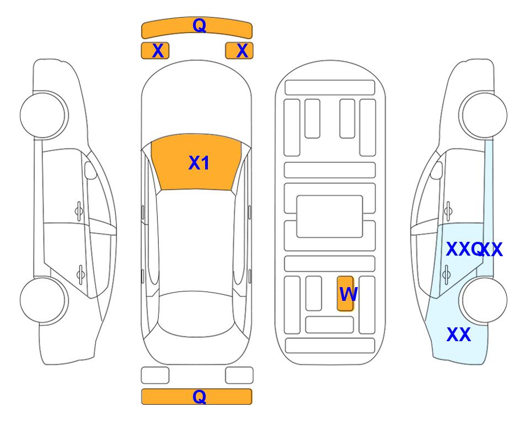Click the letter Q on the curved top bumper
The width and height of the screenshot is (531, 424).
point(199,25)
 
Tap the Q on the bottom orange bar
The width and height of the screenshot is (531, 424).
point(199,396)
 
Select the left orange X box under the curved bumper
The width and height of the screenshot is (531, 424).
point(155,51)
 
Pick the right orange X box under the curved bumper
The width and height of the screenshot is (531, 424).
point(239,51)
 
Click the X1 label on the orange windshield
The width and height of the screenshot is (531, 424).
point(199,163)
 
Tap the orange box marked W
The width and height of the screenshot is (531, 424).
point(345,293)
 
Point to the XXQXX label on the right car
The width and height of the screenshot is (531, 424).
point(474,250)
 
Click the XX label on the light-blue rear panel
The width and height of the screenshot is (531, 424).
point(459,335)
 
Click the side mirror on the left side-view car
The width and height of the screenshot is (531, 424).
point(90,170)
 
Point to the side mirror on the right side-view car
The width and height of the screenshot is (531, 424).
point(437,170)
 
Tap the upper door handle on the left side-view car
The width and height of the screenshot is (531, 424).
point(79,211)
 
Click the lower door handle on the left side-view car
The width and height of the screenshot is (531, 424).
point(81,274)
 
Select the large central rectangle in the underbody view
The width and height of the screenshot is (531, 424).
point(330,216)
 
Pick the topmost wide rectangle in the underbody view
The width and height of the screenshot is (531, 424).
point(330,88)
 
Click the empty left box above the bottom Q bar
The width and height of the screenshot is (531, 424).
point(155,375)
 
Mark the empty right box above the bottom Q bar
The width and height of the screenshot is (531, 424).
point(239,375)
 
